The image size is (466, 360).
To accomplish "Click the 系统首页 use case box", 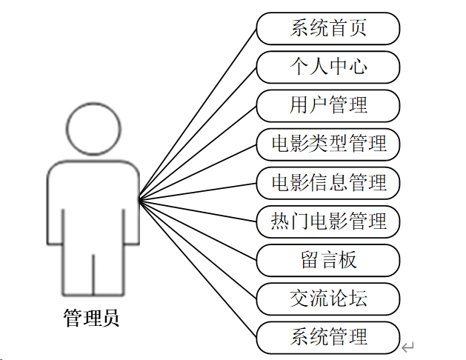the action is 328,29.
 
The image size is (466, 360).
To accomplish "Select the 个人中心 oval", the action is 328,67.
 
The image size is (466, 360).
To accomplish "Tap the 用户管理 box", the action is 328,105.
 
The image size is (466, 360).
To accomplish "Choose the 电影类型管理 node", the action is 328,144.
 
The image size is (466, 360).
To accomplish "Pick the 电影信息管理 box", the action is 328,182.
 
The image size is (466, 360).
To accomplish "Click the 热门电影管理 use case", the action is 328,221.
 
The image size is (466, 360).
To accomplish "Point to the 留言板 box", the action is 328,259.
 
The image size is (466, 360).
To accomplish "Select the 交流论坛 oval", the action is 328,298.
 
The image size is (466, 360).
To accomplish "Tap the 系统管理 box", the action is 328,337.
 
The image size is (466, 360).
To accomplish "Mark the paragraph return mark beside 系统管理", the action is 407,346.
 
